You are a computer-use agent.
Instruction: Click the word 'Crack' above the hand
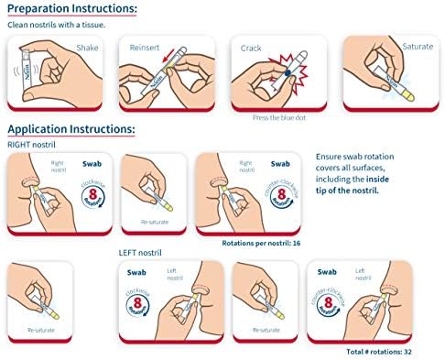point(251,48)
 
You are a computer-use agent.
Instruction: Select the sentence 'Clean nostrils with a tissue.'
point(57,25)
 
